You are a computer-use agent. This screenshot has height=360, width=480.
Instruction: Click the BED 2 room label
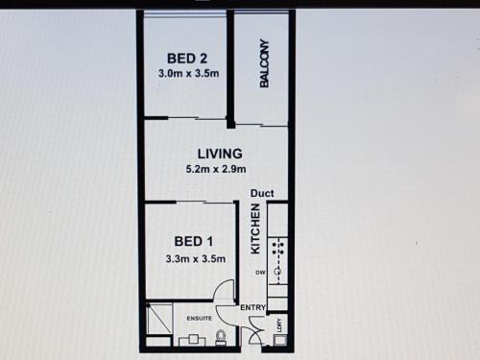(187, 59)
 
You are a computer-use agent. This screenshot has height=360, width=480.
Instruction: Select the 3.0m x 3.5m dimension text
(189, 74)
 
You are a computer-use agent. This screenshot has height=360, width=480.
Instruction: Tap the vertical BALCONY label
(264, 63)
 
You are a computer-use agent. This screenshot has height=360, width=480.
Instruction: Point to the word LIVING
(220, 154)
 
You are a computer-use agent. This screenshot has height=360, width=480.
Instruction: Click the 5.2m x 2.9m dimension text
(216, 169)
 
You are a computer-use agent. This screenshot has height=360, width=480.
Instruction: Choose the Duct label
(262, 193)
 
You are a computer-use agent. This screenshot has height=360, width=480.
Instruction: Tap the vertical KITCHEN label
(255, 229)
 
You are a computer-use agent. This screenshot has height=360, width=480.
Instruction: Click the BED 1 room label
(194, 241)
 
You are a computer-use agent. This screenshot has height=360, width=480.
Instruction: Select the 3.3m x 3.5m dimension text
(196, 258)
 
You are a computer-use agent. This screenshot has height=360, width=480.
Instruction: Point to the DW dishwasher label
(261, 273)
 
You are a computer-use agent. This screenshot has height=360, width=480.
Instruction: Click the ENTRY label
(252, 308)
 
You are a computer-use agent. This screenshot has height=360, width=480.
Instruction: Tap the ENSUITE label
(200, 319)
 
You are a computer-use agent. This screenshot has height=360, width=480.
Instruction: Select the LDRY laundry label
(280, 325)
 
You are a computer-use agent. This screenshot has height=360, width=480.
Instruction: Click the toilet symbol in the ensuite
(221, 338)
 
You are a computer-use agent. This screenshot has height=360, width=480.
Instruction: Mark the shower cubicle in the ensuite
(159, 318)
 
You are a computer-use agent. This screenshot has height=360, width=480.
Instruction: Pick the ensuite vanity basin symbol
(193, 339)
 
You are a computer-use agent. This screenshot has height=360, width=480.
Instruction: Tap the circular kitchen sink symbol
(277, 272)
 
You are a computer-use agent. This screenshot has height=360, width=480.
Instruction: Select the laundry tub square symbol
(278, 340)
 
